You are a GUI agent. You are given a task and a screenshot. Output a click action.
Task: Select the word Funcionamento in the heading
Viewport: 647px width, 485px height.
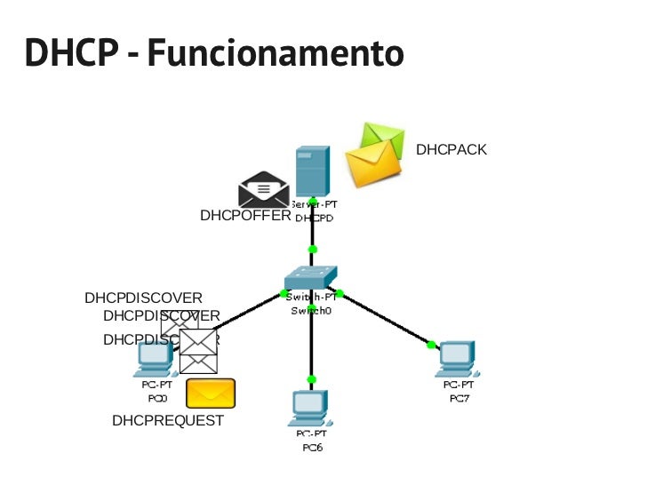pos(276,52)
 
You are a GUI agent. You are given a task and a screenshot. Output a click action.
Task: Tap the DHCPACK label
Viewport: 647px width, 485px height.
pos(451,150)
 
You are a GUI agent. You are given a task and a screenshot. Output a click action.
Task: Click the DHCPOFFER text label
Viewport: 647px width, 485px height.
pos(245,216)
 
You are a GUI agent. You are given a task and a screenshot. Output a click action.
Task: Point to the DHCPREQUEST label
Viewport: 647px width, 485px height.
pos(168,421)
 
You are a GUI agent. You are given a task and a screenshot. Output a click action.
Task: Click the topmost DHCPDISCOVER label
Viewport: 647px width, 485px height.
pos(143,298)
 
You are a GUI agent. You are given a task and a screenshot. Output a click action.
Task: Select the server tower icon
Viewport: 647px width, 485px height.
pos(312,171)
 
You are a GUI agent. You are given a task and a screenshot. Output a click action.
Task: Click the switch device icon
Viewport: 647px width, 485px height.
pos(310,279)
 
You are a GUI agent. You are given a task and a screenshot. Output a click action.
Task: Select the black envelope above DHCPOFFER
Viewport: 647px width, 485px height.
pos(264,190)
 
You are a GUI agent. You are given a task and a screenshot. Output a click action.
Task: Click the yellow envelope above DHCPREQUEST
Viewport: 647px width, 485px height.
pos(211,394)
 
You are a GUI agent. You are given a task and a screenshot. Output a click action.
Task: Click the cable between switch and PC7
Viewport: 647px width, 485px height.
pos(387,319)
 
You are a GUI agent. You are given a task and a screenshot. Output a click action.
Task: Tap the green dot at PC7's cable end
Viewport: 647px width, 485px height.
pos(431,345)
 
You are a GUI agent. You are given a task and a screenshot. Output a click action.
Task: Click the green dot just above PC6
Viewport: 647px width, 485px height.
pos(311,379)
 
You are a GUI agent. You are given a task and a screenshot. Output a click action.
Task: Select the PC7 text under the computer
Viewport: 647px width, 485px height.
pos(459,397)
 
